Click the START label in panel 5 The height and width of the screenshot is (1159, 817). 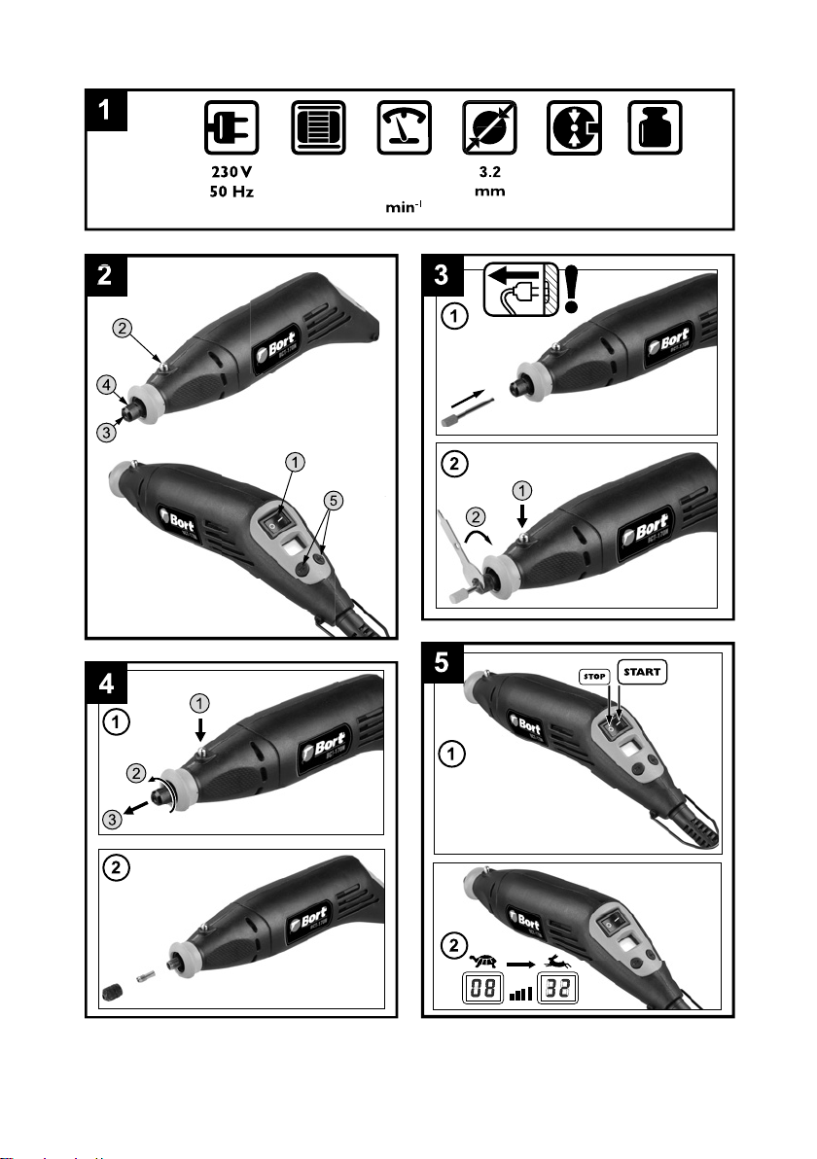pos(644,672)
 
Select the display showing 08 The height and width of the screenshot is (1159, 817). pos(483,991)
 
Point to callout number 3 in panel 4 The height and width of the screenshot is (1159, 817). pos(113,820)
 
